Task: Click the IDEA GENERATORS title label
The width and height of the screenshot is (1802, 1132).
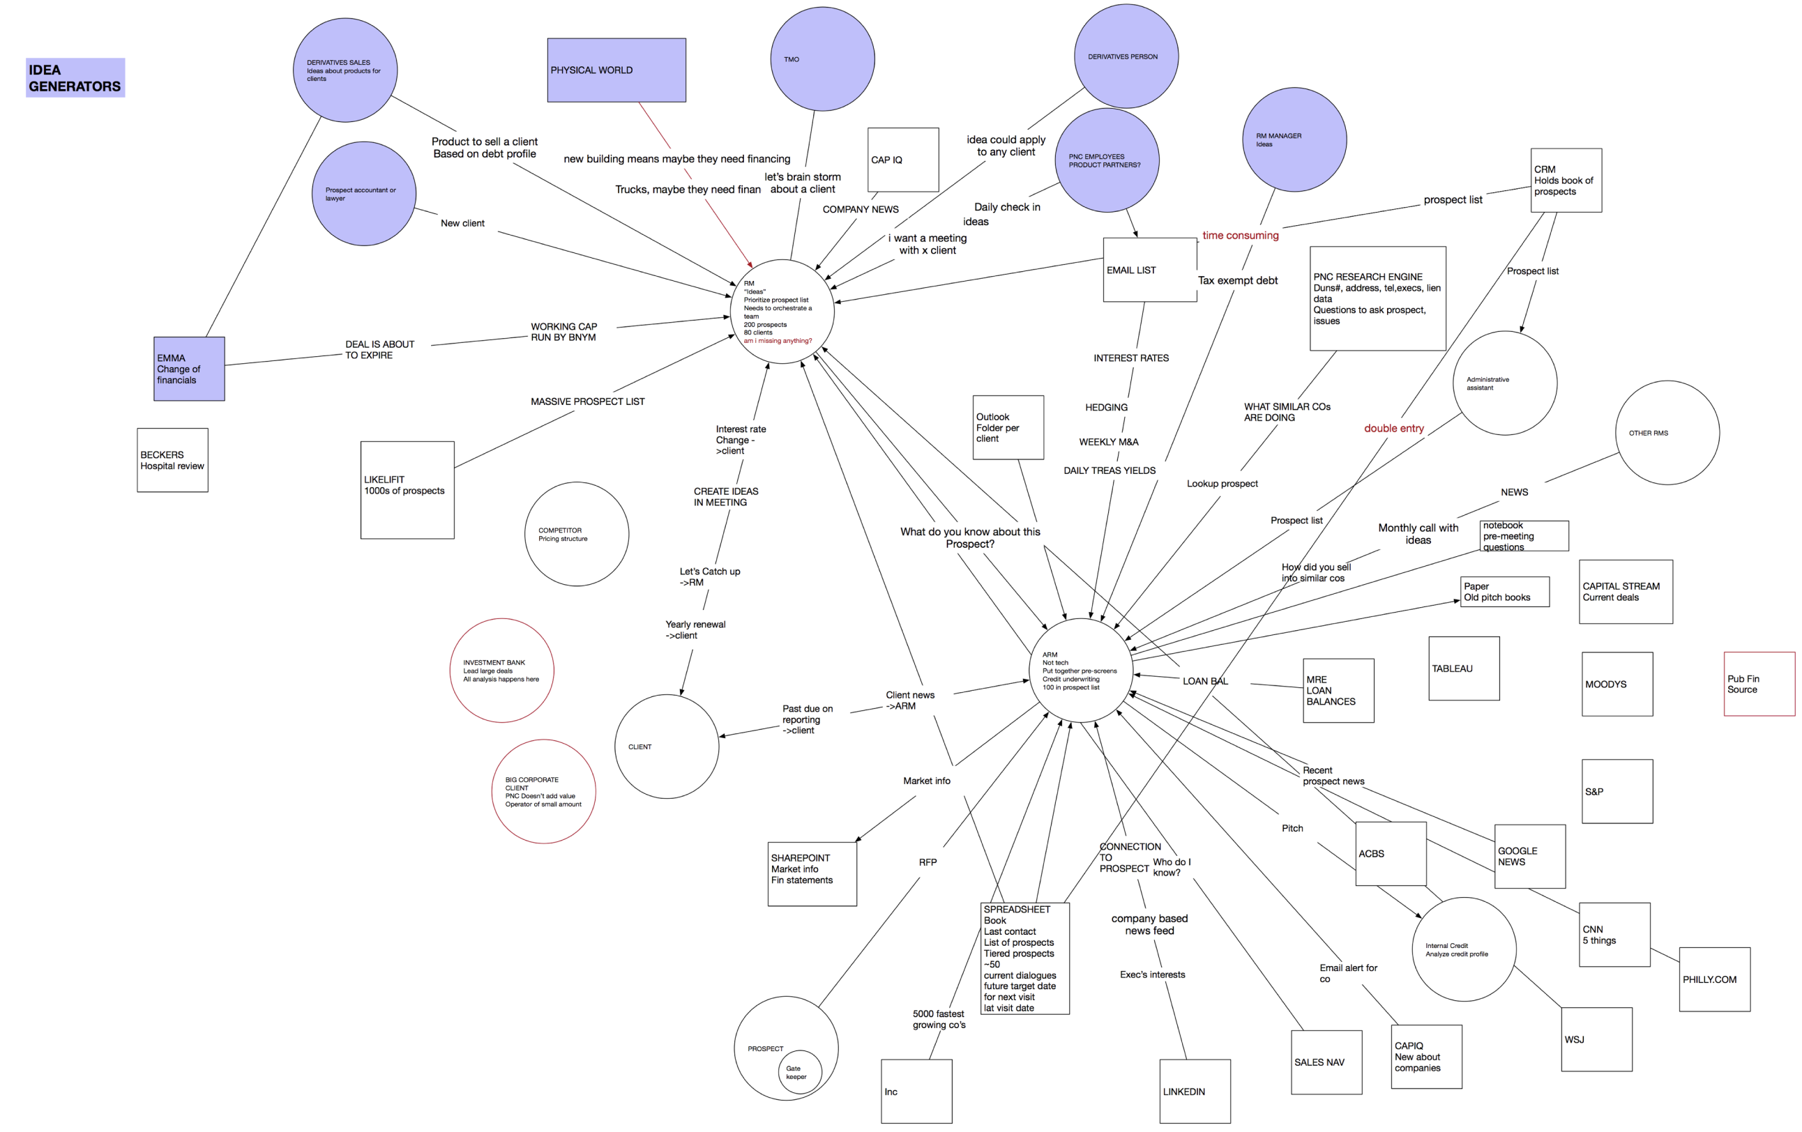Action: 75,78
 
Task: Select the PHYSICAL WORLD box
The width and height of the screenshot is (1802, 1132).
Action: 616,70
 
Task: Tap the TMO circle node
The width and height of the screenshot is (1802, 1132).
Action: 821,59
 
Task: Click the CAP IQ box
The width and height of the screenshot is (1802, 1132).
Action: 902,160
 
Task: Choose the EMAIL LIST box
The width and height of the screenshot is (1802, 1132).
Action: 1149,270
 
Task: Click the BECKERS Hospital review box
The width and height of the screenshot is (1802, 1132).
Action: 172,460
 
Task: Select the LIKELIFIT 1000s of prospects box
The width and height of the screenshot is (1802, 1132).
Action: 407,490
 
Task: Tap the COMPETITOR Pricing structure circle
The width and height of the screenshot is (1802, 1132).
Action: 576,534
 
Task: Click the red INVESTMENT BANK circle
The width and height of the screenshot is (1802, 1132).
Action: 501,671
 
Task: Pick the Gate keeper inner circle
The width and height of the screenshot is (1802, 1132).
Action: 799,1072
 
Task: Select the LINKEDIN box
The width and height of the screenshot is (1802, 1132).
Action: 1195,1091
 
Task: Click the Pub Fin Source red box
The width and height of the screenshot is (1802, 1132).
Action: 1759,684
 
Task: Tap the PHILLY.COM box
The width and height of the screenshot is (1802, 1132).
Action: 1713,979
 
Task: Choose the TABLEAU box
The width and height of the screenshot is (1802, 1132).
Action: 1463,668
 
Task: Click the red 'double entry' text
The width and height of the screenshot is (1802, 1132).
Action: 1393,429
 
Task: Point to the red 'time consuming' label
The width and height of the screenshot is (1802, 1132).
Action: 1240,236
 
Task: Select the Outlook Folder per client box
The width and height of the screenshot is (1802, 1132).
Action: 1008,427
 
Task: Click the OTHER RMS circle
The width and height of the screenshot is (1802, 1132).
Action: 1667,433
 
